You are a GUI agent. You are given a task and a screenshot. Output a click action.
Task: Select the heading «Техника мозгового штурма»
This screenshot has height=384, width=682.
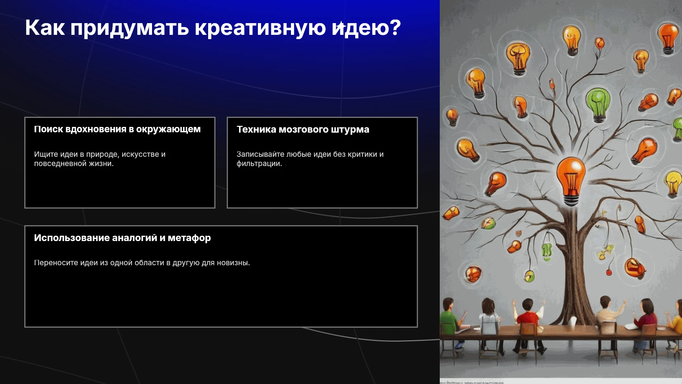tap(303, 129)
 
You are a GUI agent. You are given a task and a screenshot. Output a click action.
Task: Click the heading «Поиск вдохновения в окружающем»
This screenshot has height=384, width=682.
tap(117, 129)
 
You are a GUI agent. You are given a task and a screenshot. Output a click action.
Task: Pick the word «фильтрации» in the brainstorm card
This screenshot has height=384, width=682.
tap(259, 164)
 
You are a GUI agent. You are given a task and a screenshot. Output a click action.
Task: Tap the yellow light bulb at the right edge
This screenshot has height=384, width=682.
tap(672, 183)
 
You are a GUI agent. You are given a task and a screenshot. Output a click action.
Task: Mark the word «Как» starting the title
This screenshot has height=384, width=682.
tap(45, 28)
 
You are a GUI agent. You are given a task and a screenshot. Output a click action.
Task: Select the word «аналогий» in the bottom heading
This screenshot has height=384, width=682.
tap(135, 238)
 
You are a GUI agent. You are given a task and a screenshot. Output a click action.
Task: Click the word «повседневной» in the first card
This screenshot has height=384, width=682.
tap(60, 164)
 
